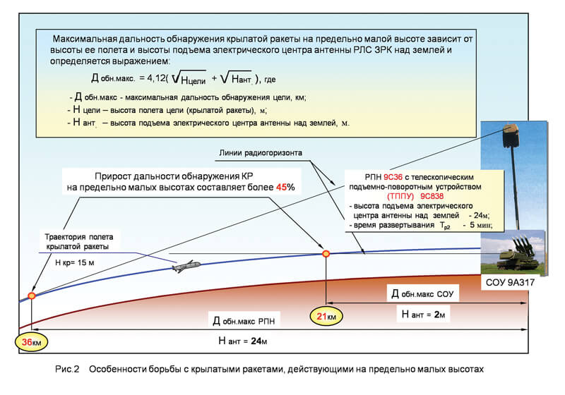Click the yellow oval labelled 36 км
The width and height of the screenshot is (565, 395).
pos(31,342)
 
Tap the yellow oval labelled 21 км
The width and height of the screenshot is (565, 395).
pos(326,316)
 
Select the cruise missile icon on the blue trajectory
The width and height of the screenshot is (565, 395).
pos(186,266)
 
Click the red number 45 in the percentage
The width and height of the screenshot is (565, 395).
pos(281,187)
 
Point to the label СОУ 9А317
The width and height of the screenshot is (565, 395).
pos(510,282)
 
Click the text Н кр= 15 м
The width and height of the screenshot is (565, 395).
pos(75,262)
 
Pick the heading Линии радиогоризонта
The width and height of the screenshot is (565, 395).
pos(261,153)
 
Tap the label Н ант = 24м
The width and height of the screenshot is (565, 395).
pos(242,341)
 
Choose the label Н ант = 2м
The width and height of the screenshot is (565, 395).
pos(423,315)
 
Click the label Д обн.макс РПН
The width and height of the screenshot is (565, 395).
pos(244,321)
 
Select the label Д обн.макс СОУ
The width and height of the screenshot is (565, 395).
pos(422,294)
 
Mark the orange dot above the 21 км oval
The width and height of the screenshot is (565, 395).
pos(326,254)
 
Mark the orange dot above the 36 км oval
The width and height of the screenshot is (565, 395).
pos(32,296)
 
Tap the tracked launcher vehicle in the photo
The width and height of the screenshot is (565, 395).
pos(517,254)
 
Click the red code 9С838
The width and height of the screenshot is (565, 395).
pos(432,196)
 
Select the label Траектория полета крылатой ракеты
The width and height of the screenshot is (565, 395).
pos(78,242)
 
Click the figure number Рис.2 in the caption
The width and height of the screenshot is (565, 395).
pos(67,369)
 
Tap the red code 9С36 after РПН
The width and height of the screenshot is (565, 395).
pos(393,177)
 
